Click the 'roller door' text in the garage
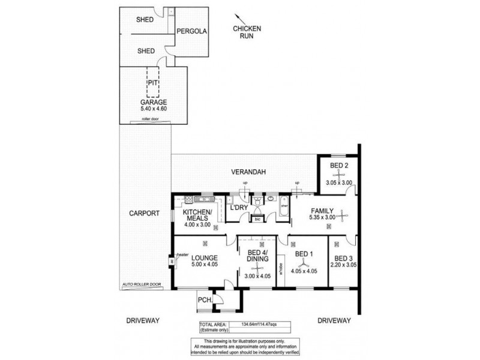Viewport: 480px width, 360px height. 149,120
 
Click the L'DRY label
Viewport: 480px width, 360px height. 239,208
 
